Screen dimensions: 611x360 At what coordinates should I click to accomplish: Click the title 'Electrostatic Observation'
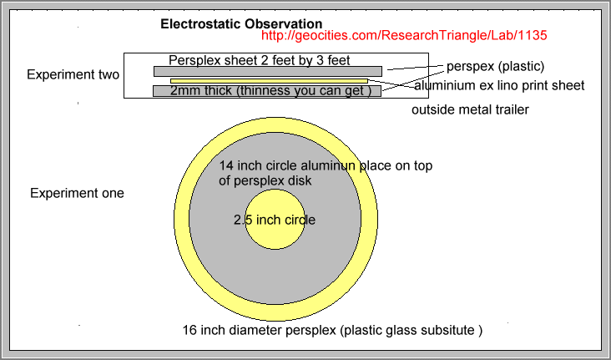241,23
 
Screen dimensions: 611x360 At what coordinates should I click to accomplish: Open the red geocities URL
404,35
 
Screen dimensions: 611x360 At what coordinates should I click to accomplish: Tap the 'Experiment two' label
73,74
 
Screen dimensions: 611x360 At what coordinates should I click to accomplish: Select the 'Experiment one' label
77,193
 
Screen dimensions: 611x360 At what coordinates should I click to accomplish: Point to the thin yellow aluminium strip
270,81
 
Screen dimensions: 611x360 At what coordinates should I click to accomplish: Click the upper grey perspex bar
268,71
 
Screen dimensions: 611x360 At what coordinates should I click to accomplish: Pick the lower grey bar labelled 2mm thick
267,91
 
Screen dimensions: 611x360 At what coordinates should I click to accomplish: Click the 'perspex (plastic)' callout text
495,67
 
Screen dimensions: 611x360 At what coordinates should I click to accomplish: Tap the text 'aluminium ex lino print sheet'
499,85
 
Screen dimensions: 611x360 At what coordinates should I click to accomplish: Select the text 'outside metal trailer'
470,109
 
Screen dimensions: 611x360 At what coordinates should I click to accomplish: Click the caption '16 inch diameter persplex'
259,331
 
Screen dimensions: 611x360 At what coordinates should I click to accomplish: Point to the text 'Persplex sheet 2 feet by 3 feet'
259,60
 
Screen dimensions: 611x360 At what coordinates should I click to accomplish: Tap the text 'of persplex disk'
265,180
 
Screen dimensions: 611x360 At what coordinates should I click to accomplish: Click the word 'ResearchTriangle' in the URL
427,35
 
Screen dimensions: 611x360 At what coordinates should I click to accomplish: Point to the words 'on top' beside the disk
414,165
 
